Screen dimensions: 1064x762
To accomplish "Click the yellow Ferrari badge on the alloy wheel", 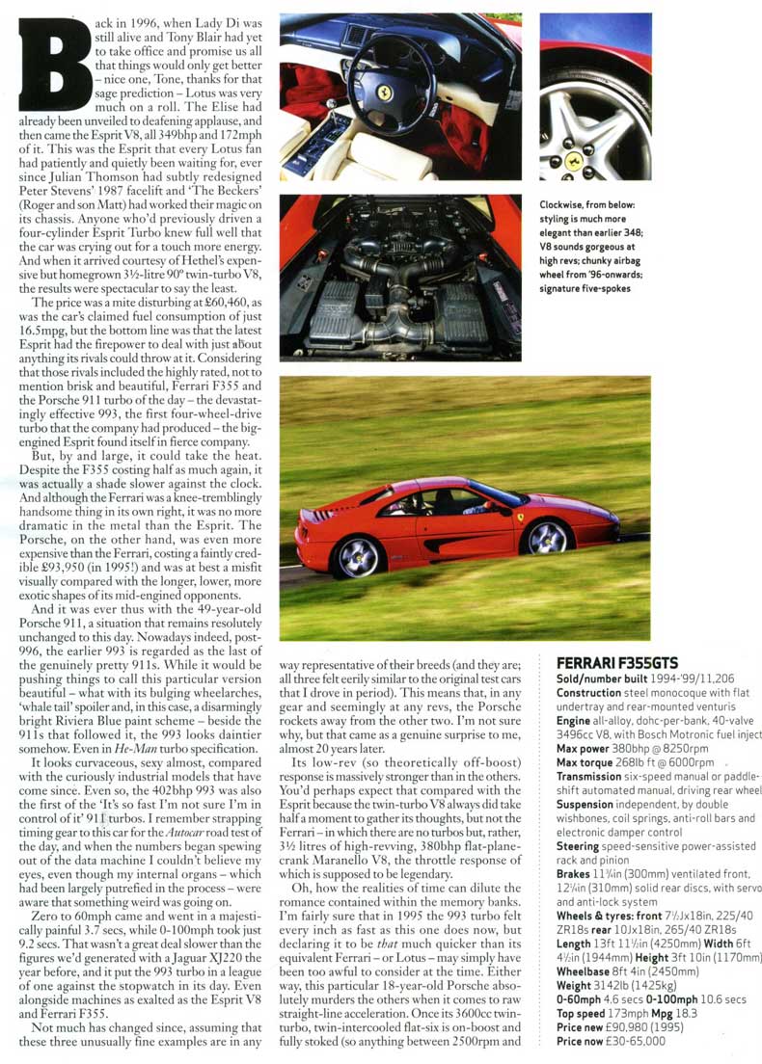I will pyautogui.click(x=574, y=160).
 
